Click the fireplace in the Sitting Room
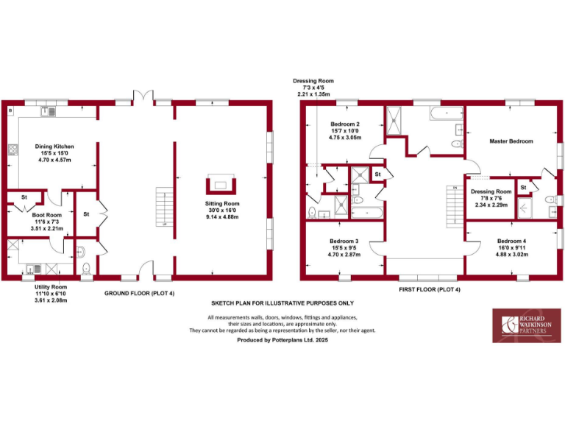pos(221,185)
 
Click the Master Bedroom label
pos(511,141)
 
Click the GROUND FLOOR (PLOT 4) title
pos(139,291)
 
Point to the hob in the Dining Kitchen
pos(13,152)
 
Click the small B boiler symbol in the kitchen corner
pos(10,110)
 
